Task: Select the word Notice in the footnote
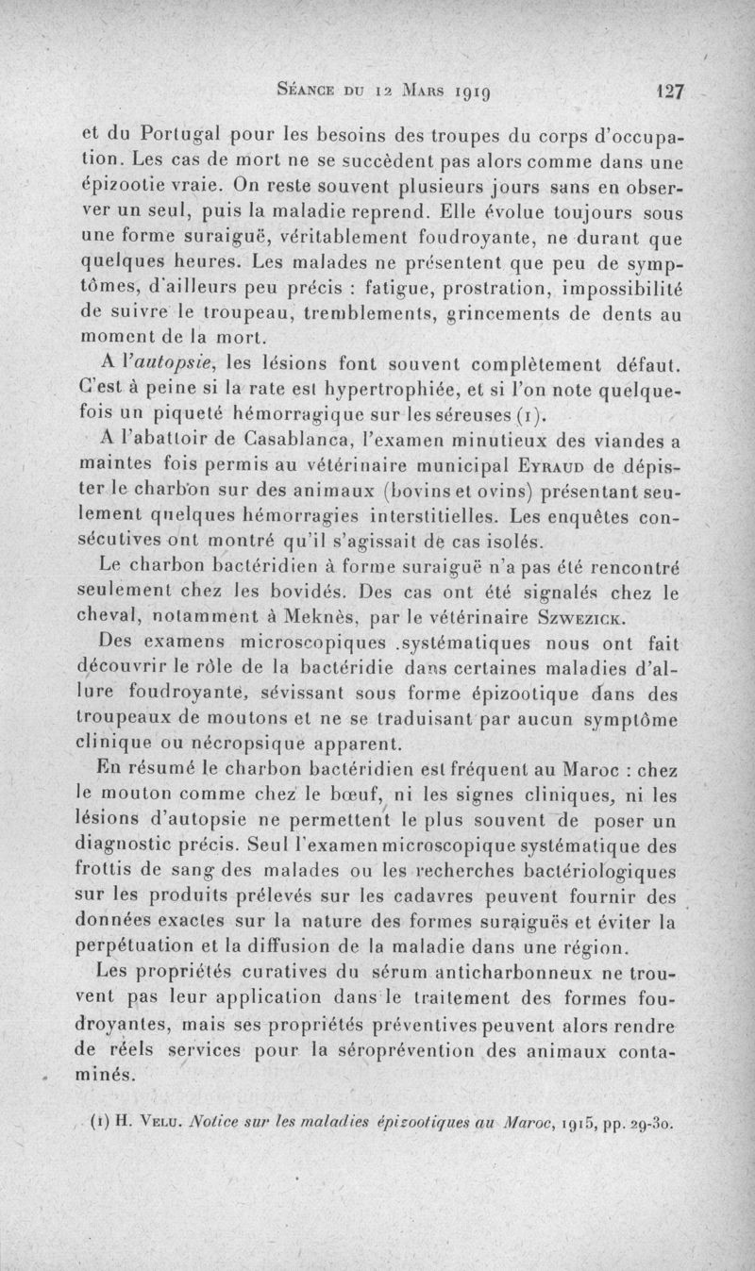click(x=213, y=1124)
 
